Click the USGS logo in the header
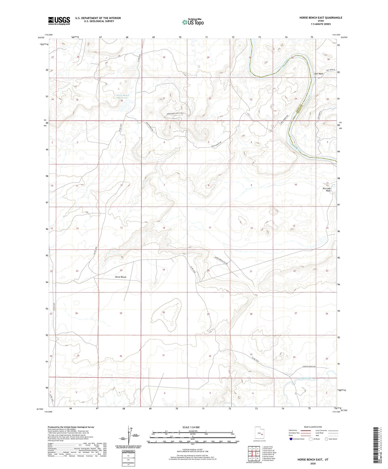point(59,21)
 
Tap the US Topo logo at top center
point(193,22)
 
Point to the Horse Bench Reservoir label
point(123,96)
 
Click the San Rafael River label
point(307,378)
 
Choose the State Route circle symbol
point(327,439)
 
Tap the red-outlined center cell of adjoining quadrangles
point(254,453)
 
